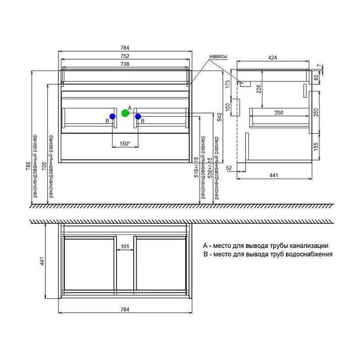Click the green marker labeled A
(125, 113)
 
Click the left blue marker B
(112, 117)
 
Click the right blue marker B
(138, 117)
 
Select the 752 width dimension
(125, 56)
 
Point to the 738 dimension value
(125, 64)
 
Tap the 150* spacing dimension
(125, 144)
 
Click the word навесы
(218, 57)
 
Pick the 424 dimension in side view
(273, 58)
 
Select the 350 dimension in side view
(279, 113)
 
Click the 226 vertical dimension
(259, 89)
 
